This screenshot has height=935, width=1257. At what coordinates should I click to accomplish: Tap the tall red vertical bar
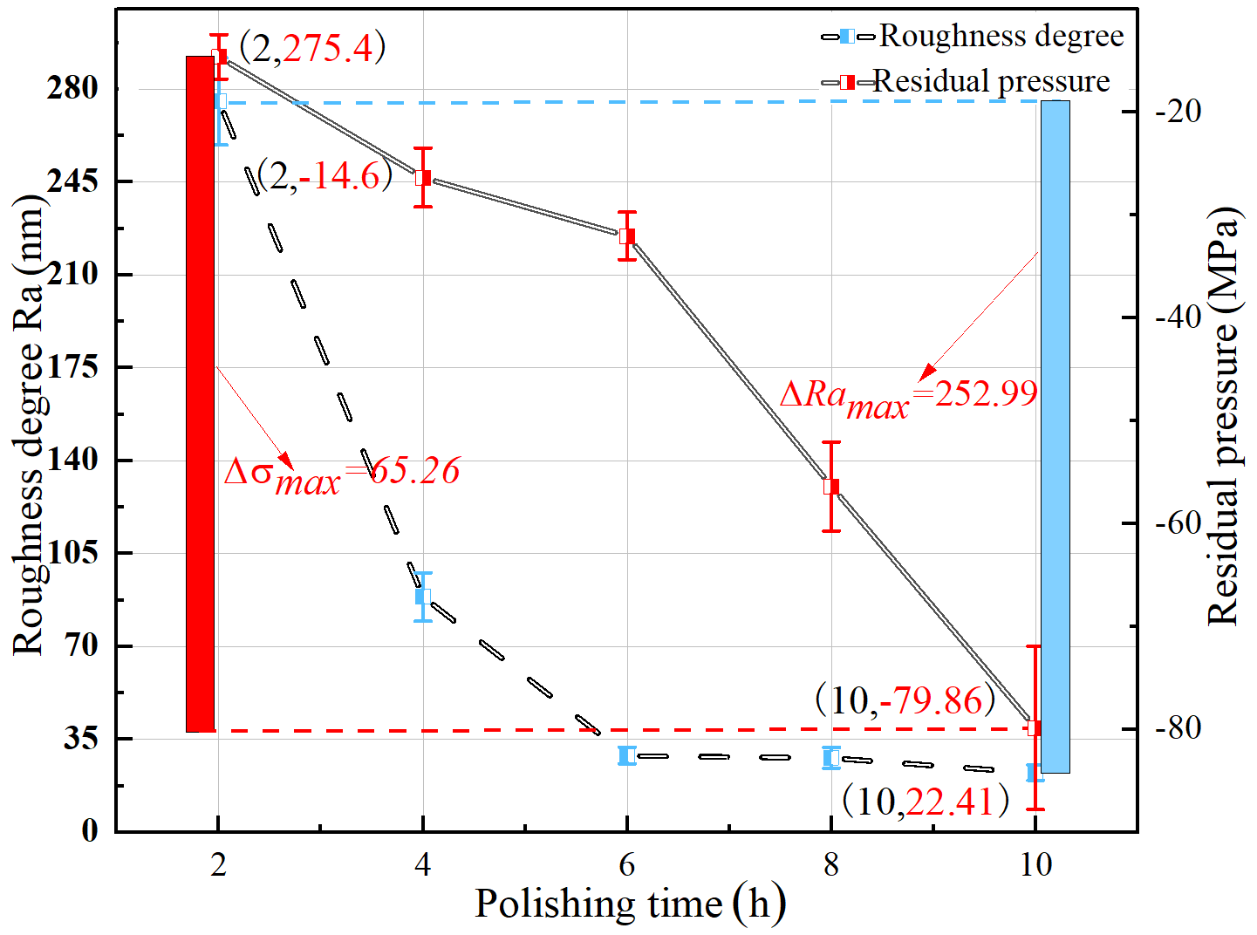(200, 393)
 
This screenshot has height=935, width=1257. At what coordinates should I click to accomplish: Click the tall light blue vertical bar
(1055, 436)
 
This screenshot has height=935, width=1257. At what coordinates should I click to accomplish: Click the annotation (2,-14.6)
(324, 176)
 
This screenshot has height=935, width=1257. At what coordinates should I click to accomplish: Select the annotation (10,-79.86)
(905, 700)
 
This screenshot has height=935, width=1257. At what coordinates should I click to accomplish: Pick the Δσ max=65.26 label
(342, 473)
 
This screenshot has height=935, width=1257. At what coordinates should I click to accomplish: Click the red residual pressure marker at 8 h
(831, 486)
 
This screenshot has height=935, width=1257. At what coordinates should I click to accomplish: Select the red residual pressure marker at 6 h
(626, 235)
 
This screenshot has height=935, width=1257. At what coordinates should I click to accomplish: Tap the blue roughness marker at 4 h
(423, 597)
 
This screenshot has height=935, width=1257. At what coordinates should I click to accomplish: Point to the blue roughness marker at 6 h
(626, 755)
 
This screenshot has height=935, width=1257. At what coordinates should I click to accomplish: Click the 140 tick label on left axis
(72, 460)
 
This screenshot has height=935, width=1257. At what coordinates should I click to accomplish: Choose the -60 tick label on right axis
(1178, 523)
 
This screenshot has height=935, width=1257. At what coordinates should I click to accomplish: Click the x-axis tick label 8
(831, 865)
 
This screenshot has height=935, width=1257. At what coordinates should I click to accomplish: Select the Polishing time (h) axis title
(629, 904)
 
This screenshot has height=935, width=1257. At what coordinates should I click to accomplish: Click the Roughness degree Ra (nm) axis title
(29, 424)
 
